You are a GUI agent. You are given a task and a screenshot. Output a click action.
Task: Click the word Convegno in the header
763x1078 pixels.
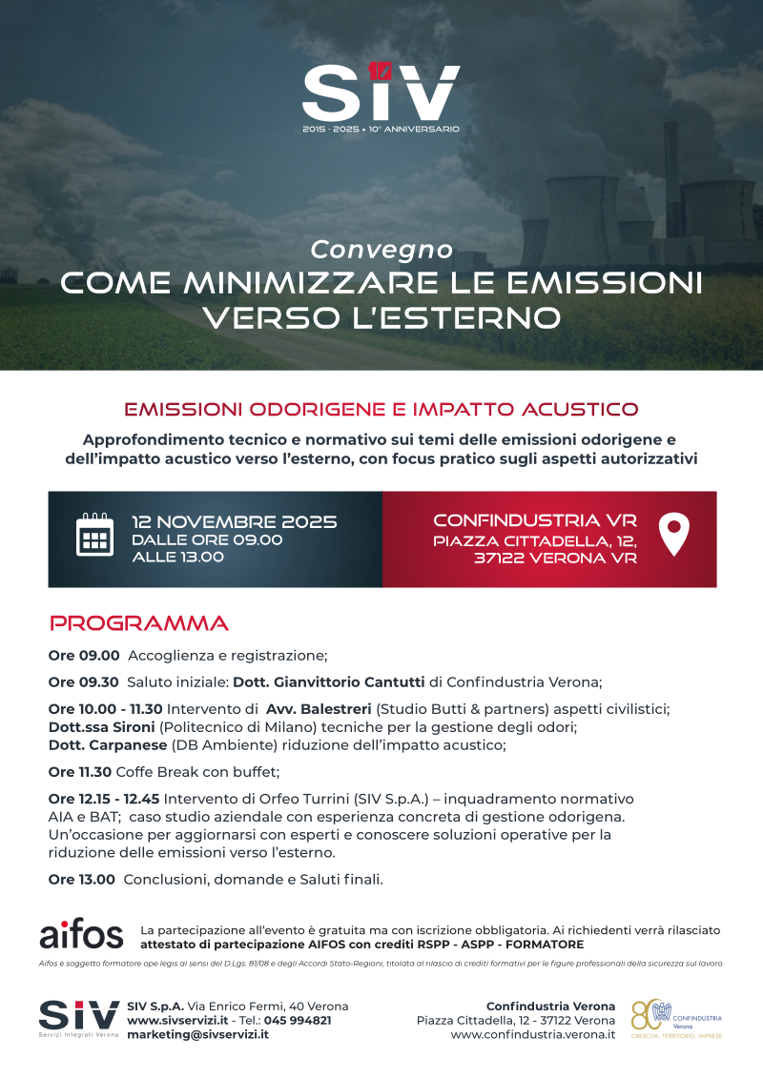pos(381,250)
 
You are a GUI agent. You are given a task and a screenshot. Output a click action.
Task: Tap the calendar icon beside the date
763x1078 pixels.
pos(94,535)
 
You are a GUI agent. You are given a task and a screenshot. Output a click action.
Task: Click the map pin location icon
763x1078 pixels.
pos(674,534)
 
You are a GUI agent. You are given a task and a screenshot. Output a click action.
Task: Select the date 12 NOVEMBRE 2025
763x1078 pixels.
pos(234,521)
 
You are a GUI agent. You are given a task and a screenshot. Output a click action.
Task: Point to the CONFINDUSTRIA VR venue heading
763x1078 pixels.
pos(534,520)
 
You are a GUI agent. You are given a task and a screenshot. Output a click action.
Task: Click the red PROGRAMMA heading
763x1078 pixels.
pos(139,624)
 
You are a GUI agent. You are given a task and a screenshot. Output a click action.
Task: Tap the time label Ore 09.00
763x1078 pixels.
pos(84,656)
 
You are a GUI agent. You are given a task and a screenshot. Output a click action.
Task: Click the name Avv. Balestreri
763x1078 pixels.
pos(319,709)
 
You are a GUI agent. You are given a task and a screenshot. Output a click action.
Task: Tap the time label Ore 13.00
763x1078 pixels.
pos(82,880)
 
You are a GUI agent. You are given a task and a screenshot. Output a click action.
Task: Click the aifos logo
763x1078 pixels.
pos(81,935)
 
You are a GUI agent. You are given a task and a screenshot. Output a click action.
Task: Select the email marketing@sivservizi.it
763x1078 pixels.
pos(197,1034)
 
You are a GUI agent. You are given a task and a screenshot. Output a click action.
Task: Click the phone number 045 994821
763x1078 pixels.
pos(298,1020)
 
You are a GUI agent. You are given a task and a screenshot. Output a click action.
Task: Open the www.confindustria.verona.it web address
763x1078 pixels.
pos(532,1034)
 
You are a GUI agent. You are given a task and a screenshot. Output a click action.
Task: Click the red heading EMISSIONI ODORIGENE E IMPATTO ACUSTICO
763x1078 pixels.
pos(381,410)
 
